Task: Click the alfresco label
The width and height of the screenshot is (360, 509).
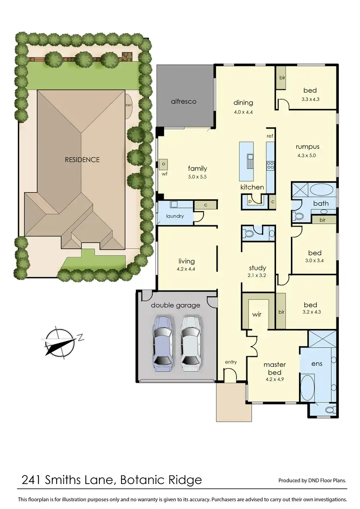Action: click(x=184, y=102)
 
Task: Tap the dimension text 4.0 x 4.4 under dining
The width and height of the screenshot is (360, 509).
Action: click(x=243, y=112)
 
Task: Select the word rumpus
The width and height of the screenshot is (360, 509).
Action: click(x=307, y=147)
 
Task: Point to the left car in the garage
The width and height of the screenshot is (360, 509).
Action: click(x=162, y=342)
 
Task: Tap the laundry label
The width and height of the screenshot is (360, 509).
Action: click(x=175, y=216)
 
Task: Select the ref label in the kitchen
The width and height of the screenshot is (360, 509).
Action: click(x=270, y=136)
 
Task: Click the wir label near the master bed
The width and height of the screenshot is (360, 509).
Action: click(x=256, y=315)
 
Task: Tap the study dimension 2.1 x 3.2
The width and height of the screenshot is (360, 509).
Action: click(x=257, y=277)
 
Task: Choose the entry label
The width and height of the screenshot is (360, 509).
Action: click(x=231, y=362)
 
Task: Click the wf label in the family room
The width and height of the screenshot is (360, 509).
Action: click(x=164, y=174)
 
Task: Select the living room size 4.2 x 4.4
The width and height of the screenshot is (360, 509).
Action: click(x=186, y=269)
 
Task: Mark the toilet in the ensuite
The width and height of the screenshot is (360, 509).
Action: click(x=330, y=410)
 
